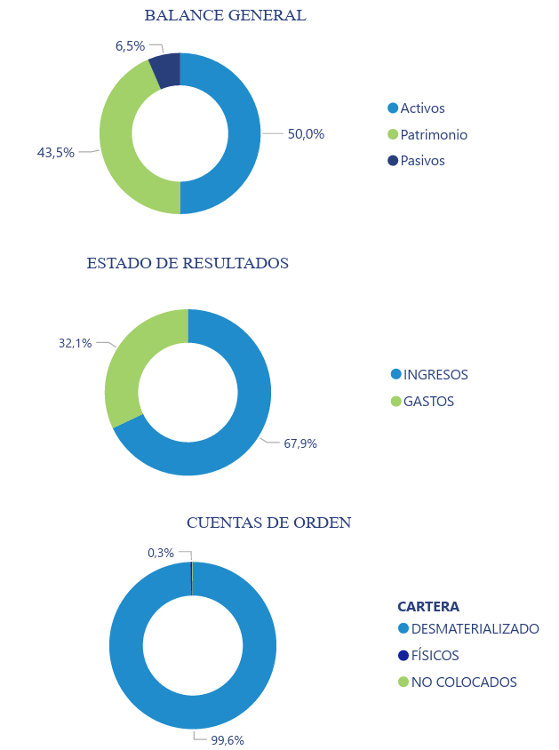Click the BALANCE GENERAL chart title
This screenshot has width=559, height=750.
(225, 15)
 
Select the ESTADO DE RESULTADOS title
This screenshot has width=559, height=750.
(188, 263)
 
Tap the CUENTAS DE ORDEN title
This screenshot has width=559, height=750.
(268, 523)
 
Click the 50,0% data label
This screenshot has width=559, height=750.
(306, 134)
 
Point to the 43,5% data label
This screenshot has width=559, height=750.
(55, 152)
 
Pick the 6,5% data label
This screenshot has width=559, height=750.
(130, 45)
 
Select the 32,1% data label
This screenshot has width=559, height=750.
(76, 343)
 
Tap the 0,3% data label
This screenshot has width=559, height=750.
(161, 553)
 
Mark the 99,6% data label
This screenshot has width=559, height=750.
(228, 739)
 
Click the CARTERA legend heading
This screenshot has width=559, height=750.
(428, 607)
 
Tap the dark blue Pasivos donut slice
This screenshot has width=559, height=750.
(165, 68)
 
